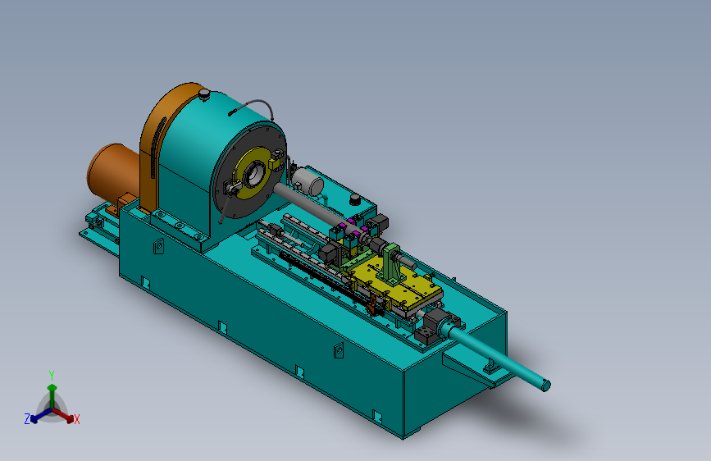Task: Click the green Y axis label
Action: tap(52, 375)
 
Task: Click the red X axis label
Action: tap(76, 420)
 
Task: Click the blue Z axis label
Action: tap(27, 419)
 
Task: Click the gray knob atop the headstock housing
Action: tap(204, 94)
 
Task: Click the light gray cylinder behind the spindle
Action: tap(308, 180)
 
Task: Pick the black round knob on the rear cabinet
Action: tap(354, 199)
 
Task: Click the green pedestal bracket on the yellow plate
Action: tap(391, 267)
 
